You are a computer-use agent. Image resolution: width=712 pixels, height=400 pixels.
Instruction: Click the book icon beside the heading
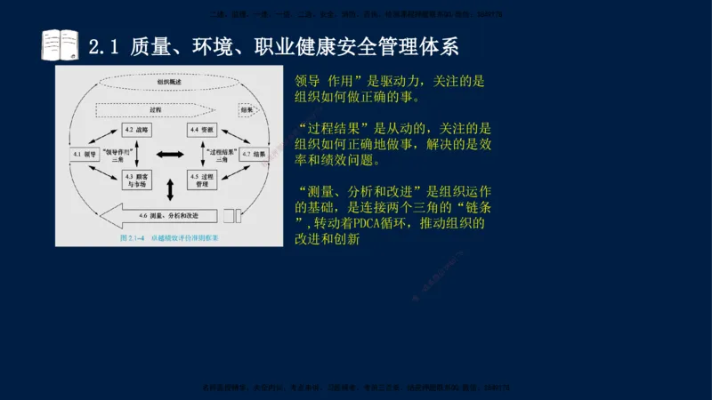click(x=60, y=44)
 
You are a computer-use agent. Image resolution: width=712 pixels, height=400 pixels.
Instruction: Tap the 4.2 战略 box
click(x=137, y=130)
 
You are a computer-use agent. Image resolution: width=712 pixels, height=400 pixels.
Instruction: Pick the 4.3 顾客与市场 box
click(x=136, y=180)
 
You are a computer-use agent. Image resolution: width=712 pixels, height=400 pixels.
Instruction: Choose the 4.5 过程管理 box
click(x=201, y=180)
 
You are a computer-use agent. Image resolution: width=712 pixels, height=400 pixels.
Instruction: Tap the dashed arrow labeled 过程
click(x=151, y=108)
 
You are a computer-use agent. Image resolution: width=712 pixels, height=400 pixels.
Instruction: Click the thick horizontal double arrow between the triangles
click(x=169, y=155)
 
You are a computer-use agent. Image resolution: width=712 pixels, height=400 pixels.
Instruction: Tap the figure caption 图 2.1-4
click(x=133, y=239)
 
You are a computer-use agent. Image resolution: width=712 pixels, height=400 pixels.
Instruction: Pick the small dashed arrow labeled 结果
click(x=248, y=109)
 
